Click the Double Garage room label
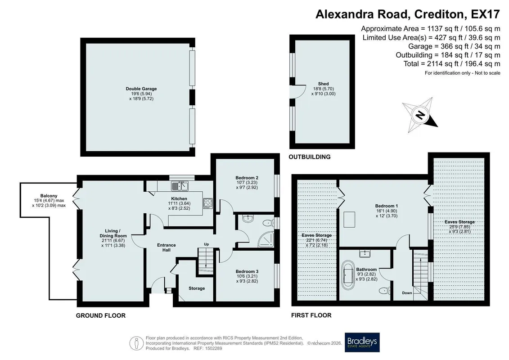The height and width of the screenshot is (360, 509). pos(141,89)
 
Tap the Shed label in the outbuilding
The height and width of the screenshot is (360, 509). pos(323,84)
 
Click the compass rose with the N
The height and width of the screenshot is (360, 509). pos(419,115)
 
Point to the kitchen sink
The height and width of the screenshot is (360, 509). pos(180,186)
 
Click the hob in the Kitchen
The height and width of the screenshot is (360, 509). pos(208,203)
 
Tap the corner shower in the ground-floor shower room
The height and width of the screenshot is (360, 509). pos(266,239)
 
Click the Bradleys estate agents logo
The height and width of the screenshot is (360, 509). pos(362,342)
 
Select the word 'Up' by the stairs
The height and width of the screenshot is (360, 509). pos(206,244)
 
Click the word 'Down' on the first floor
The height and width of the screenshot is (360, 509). pos(407,293)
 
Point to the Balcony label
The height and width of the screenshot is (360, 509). pos(49,196)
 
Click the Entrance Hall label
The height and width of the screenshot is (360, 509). pos(166,247)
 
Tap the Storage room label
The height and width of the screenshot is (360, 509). pos(197,288)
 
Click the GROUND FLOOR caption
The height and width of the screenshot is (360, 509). pos(101,315)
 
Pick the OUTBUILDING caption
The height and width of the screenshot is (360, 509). pos(310,157)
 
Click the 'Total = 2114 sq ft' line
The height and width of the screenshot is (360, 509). pos(452,63)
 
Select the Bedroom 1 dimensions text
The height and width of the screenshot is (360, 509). pos(386,213)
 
